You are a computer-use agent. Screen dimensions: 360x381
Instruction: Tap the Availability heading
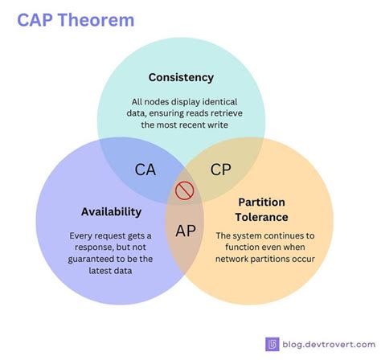tap(111, 211)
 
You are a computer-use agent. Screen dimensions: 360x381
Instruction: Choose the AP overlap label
tap(186, 231)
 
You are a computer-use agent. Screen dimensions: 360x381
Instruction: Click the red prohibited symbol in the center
tap(185, 191)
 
